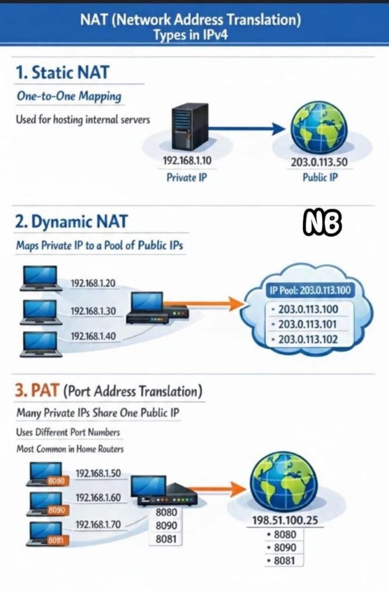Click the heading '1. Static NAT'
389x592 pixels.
[x=62, y=73]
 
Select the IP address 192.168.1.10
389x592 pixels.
[x=187, y=161]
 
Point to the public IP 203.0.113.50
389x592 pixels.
[x=319, y=162]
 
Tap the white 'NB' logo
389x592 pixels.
[x=323, y=222]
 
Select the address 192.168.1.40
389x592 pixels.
[x=93, y=336]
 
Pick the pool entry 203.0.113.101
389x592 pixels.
[x=308, y=324]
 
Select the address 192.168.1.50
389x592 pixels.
[x=98, y=473]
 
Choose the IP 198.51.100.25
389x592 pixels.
[x=285, y=520]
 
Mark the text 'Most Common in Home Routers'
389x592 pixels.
[x=69, y=449]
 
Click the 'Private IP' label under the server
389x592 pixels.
[x=187, y=177]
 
